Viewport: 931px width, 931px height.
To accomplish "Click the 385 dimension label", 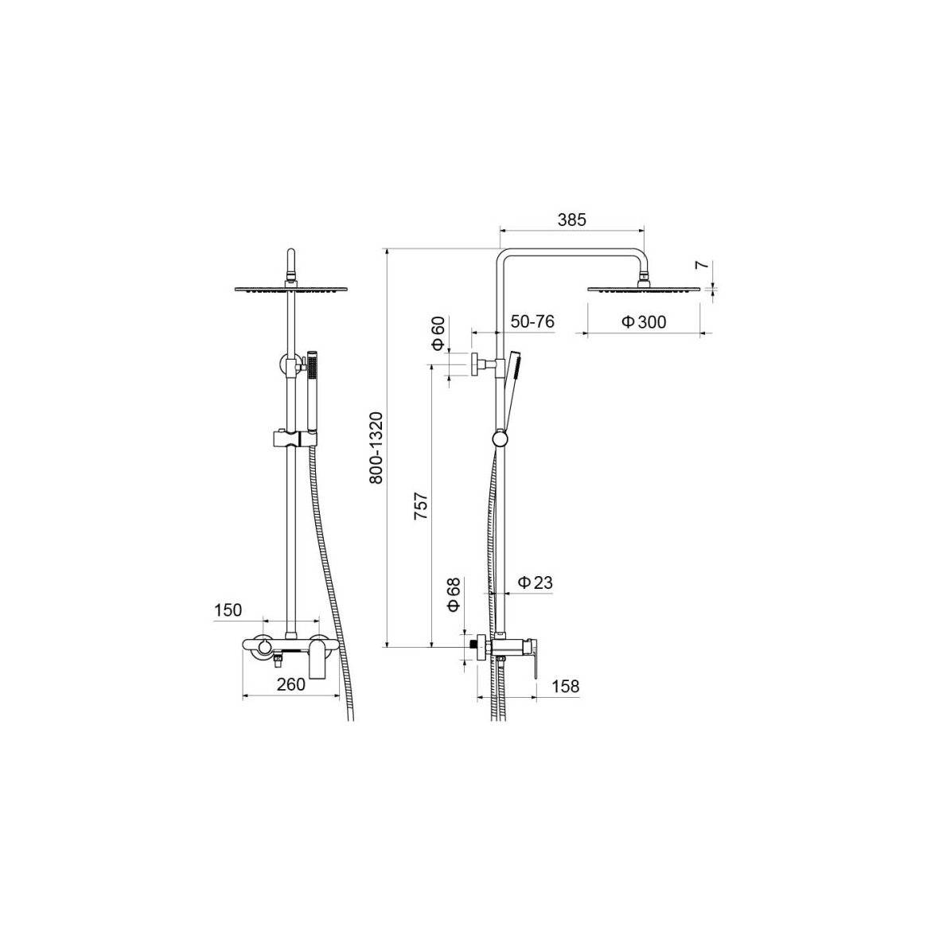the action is coord(572,220).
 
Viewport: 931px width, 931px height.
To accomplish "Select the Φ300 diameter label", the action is coord(644,321).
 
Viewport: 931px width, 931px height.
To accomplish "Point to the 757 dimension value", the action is coord(421,506).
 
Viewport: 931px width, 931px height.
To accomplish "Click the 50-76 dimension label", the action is coord(532,321).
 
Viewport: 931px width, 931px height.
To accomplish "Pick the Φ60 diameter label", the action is coord(438,333).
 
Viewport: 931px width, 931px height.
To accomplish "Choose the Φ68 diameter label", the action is coord(454,594).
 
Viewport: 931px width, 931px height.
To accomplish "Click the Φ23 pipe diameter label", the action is coord(535,582).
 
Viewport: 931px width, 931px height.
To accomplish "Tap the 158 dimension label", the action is coord(565,686).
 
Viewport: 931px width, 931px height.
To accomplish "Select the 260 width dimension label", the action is coord(291,684).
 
